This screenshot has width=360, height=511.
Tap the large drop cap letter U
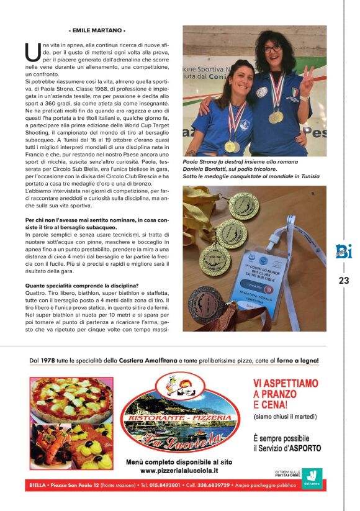click(32, 52)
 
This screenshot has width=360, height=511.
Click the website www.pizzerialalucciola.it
click(179, 471)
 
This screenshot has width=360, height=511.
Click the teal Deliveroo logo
click(314, 477)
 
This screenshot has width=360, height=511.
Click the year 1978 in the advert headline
click(47, 361)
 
